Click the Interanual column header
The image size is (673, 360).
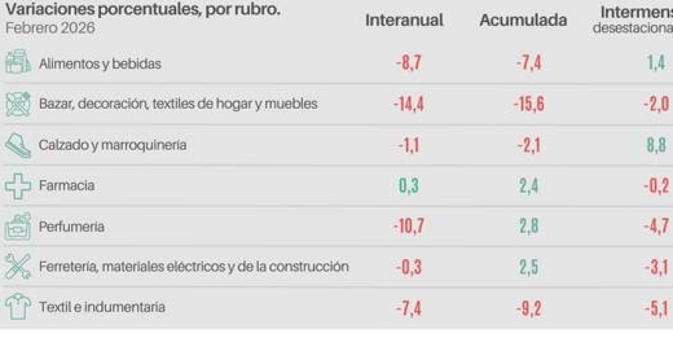point(404,21)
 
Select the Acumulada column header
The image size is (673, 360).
point(523,21)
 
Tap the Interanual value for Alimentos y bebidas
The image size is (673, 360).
point(408,63)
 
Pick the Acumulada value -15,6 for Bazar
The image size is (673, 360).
point(528,104)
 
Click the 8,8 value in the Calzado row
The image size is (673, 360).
point(657,145)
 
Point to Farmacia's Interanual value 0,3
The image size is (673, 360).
point(408,185)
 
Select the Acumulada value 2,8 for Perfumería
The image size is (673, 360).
point(528,226)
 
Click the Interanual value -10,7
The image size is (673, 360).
point(408,226)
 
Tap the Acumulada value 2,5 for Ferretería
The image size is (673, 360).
point(528,267)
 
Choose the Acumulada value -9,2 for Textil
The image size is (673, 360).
point(528,308)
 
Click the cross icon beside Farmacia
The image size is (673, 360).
point(18,186)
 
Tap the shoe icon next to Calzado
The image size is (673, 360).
point(18,146)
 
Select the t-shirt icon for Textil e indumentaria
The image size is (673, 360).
point(18,307)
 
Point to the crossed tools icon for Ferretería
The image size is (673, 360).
point(18,267)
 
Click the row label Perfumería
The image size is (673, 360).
point(71,227)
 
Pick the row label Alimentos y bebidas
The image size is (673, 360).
point(99,64)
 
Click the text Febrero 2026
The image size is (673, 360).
point(50,28)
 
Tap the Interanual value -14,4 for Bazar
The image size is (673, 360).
point(408,104)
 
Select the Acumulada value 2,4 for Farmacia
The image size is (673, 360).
point(528,185)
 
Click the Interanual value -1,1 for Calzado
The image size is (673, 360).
point(408,145)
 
